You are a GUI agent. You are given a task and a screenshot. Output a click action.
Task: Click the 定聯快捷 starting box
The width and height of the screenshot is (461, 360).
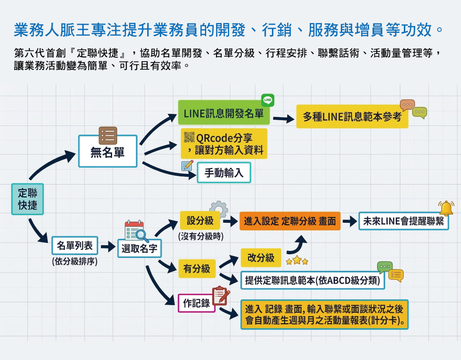point(27,199)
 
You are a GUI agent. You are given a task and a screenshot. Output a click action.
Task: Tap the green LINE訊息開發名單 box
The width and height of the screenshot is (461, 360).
point(224,113)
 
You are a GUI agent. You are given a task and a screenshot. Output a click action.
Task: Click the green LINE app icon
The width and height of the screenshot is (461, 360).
point(267,100)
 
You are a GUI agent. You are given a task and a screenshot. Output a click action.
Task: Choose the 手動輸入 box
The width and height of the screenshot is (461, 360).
point(224,173)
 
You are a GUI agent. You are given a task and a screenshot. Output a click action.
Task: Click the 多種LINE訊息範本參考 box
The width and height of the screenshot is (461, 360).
point(352,117)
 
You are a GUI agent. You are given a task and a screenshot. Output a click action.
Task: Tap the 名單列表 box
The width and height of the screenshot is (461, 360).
point(74,246)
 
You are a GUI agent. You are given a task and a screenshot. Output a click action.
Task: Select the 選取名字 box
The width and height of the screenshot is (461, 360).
point(140,248)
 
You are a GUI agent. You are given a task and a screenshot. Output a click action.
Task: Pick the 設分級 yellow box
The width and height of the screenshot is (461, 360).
point(200,221)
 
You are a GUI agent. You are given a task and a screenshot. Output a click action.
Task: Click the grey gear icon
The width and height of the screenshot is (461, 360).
point(219,209)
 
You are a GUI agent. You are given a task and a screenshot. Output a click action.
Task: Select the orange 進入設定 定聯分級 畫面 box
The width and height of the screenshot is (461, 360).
point(290,221)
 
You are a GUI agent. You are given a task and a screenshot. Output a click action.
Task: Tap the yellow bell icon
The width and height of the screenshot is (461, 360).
point(446,208)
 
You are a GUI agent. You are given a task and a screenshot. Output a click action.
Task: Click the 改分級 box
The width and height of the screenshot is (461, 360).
point(261,257)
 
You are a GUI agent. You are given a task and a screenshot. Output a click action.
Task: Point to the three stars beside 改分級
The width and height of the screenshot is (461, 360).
point(297,261)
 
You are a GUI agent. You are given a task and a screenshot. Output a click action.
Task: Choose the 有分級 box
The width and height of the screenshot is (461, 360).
point(197,269)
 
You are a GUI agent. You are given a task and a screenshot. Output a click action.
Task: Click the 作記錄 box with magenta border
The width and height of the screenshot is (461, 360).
point(197,303)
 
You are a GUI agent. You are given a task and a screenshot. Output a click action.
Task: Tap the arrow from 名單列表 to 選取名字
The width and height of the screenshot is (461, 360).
point(108,247)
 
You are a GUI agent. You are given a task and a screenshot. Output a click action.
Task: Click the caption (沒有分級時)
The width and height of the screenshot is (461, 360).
point(200,236)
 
